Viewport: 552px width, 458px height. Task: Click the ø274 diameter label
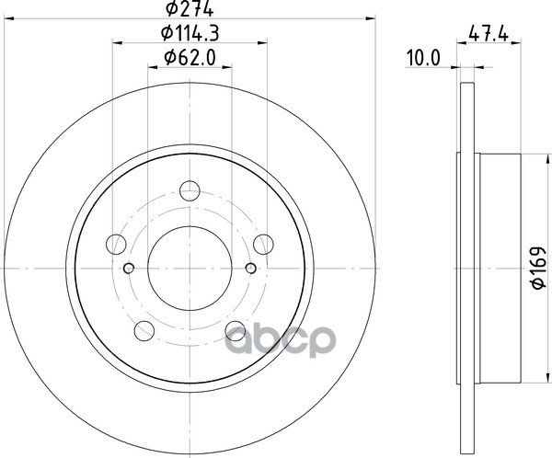coord(190,9)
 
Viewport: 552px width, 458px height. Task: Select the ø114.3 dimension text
coord(190,34)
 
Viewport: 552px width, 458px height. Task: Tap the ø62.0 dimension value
coord(190,58)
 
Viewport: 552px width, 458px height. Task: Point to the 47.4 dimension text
coord(489,35)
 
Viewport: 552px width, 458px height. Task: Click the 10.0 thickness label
coord(423,58)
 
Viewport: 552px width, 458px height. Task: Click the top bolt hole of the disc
coord(190,190)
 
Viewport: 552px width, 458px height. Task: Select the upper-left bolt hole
coord(116,244)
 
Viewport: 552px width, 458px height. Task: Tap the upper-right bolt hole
coord(263,244)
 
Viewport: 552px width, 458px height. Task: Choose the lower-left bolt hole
coord(144,330)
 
